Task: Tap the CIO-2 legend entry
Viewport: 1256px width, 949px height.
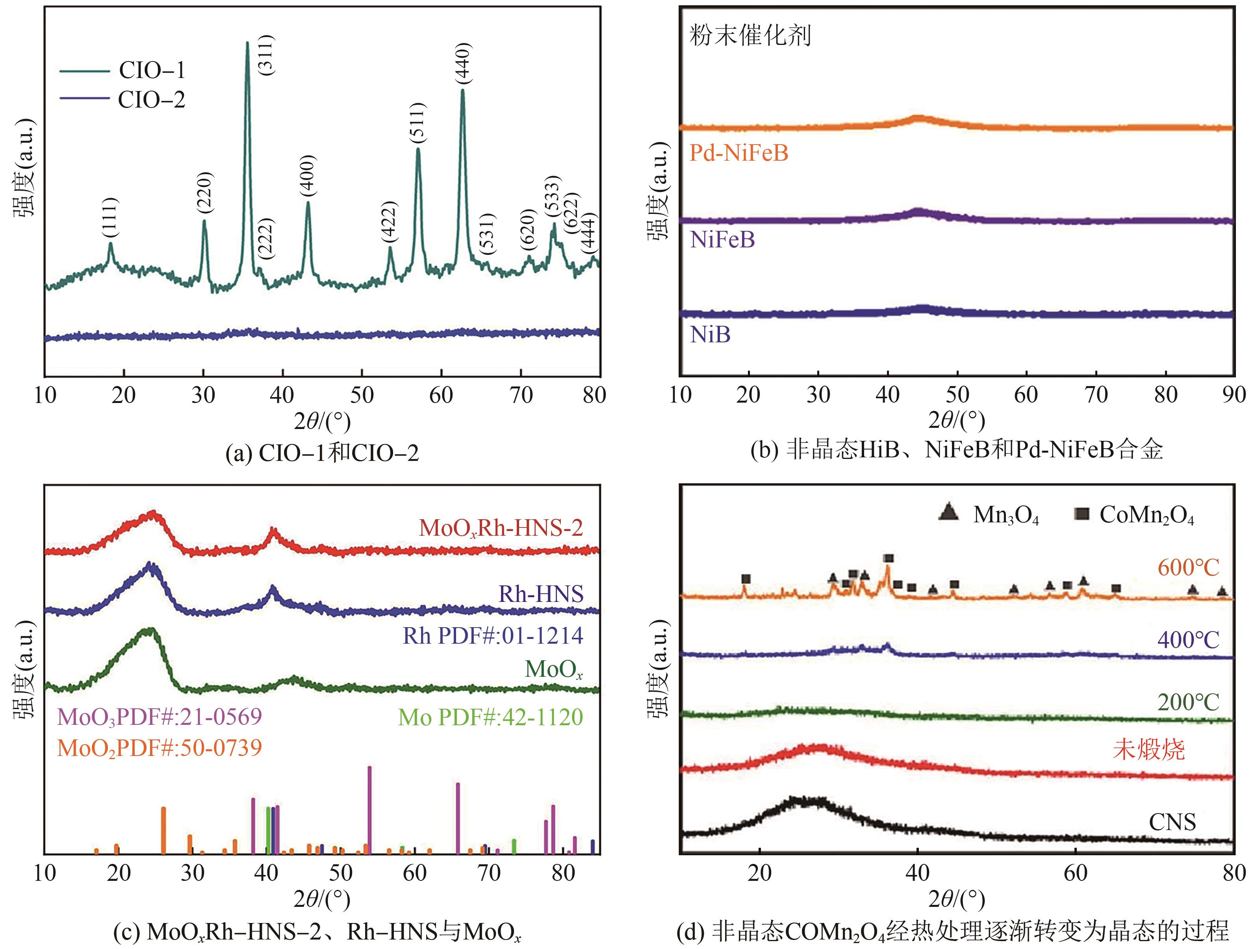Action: pyautogui.click(x=151, y=100)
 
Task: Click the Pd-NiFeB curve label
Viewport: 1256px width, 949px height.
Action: pyautogui.click(x=739, y=153)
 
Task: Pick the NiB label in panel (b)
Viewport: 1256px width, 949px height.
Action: pyautogui.click(x=710, y=335)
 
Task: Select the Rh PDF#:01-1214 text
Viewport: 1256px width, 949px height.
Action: pyautogui.click(x=493, y=635)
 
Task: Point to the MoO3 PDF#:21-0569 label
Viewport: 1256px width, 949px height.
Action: pyautogui.click(x=160, y=717)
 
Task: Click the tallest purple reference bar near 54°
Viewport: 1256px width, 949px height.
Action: pyautogui.click(x=370, y=809)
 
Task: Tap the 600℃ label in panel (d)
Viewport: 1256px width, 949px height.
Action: pyautogui.click(x=1188, y=567)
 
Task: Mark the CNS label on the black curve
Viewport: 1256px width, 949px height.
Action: pyautogui.click(x=1172, y=822)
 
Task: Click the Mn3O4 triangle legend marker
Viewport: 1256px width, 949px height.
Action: pyautogui.click(x=949, y=513)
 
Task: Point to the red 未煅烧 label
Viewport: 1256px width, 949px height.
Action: pyautogui.click(x=1148, y=750)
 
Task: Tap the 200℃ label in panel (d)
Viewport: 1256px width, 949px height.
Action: pyautogui.click(x=1188, y=702)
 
